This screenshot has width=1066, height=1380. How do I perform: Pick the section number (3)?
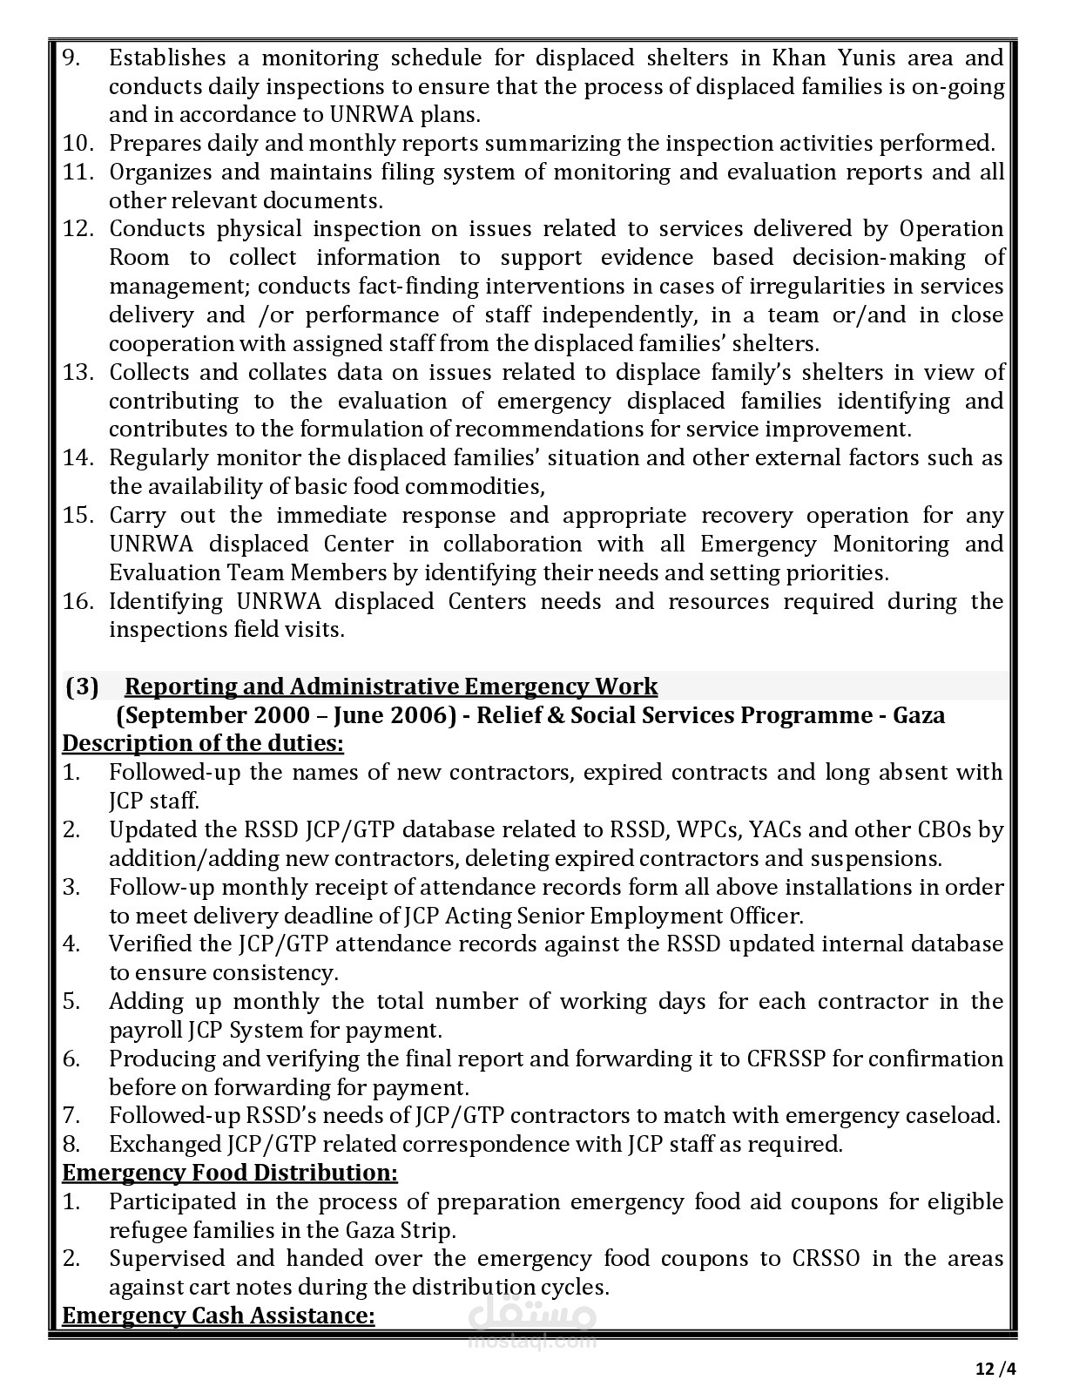(x=83, y=687)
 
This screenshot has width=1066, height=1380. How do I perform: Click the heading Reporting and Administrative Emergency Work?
(x=392, y=687)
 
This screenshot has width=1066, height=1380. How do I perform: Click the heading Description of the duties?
(x=203, y=744)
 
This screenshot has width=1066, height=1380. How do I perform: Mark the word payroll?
(x=145, y=1030)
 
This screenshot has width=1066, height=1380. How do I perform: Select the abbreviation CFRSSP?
(x=792, y=1059)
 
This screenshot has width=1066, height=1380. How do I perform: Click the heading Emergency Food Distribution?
(x=230, y=1173)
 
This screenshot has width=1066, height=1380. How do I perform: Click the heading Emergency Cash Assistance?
(x=219, y=1315)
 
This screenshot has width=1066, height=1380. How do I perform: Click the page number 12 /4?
(x=995, y=1368)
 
